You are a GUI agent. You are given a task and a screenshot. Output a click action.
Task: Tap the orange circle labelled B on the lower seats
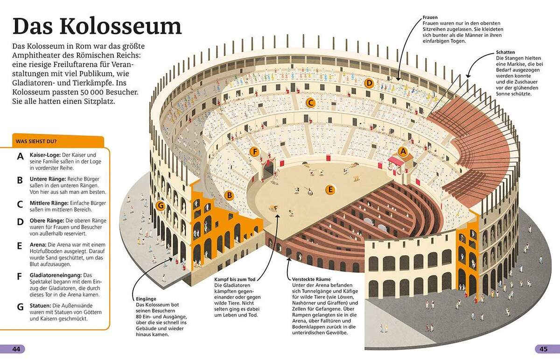tap(229, 195)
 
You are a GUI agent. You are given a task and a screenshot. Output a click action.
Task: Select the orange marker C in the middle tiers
tap(310, 103)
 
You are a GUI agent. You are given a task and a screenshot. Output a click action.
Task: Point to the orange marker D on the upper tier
tap(369, 84)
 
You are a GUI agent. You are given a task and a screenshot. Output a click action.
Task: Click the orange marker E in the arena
tap(330, 189)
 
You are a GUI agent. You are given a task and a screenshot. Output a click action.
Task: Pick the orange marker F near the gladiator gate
tap(254, 151)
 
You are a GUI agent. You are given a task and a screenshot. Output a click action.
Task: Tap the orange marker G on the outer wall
tap(161, 205)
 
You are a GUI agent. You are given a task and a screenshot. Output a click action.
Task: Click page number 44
tap(17, 349)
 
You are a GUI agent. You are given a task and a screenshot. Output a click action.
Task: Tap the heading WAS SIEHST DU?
tap(36, 141)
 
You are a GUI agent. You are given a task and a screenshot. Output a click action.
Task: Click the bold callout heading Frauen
tap(430, 17)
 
